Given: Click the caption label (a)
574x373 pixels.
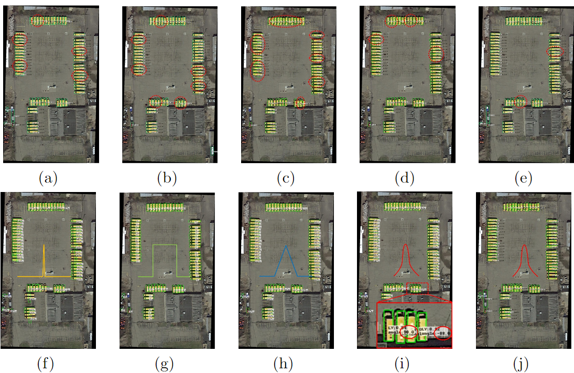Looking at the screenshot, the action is point(49,178).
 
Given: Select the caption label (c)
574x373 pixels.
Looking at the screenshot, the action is point(286,178).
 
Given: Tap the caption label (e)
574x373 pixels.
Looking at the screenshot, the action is point(524,178).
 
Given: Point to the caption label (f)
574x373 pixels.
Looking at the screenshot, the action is point(48,363).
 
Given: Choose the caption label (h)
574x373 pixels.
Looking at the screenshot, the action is point(285,363).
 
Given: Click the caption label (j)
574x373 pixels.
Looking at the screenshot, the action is point(523,363).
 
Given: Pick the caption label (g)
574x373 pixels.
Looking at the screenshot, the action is point(166,363).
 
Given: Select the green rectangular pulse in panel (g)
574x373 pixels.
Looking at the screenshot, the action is point(165,246).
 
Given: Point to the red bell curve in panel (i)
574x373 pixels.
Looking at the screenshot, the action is point(405,260).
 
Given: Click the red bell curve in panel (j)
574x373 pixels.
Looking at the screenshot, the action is point(523,260).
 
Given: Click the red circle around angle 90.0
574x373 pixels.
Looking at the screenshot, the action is point(411,331).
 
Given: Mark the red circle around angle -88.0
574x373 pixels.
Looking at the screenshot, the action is point(444,333).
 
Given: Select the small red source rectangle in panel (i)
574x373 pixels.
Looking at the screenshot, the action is point(417,287).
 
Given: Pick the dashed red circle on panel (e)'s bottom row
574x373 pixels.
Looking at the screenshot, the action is point(519,100).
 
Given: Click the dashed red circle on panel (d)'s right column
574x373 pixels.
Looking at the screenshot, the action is point(436,54).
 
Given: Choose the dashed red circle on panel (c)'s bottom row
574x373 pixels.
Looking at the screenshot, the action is point(299,102).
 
